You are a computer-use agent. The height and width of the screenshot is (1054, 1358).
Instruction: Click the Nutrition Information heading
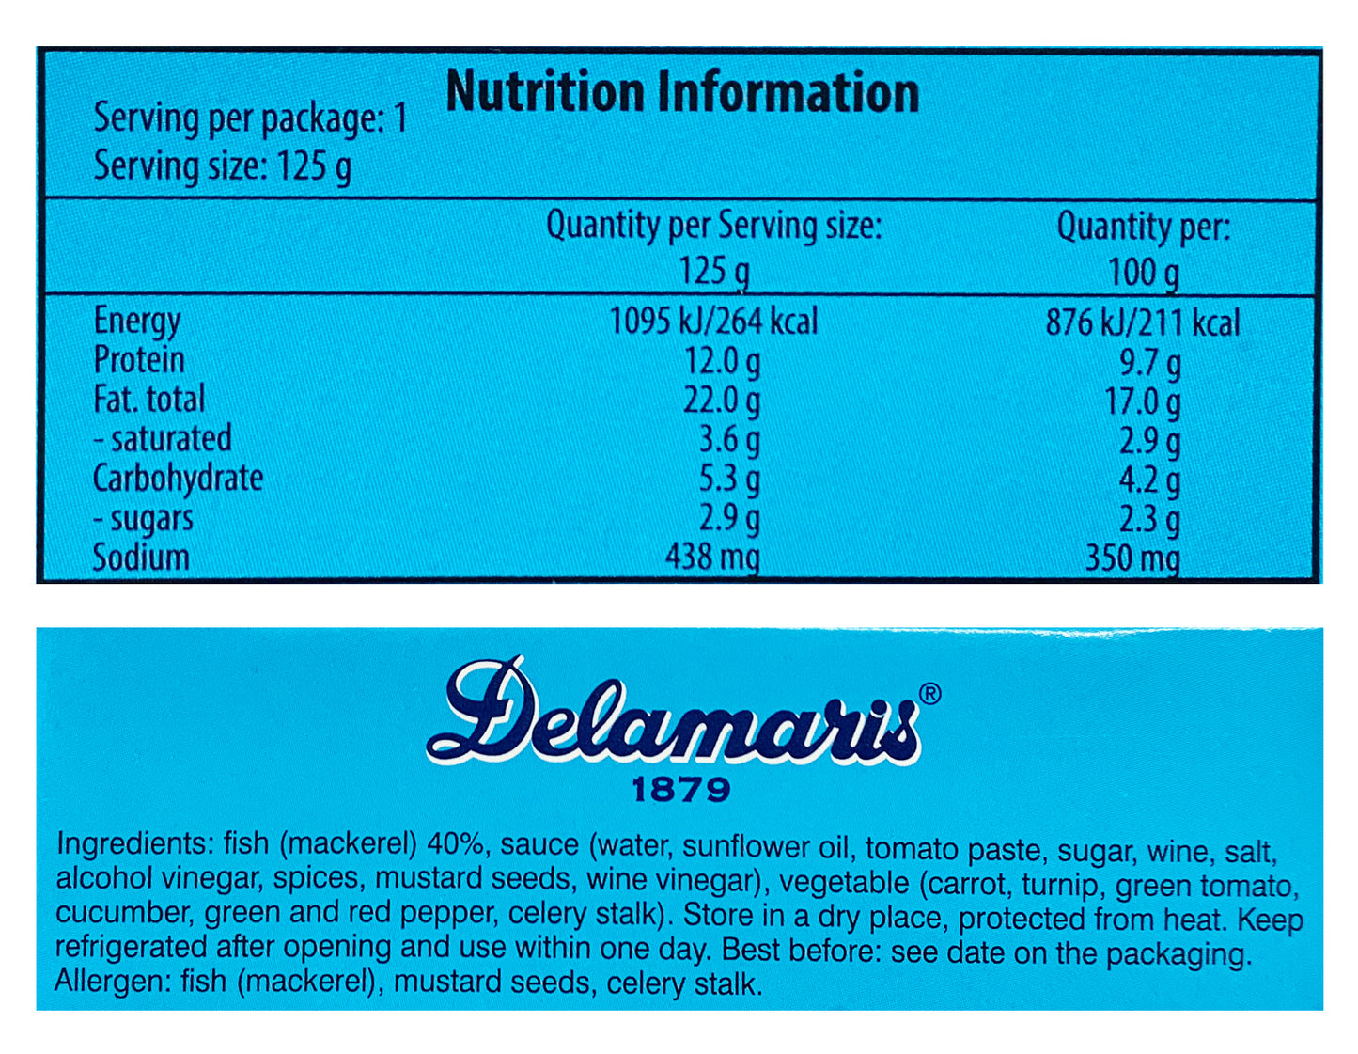(682, 92)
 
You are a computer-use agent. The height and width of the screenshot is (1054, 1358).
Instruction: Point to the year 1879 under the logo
(680, 790)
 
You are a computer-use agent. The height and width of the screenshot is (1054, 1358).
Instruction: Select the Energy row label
(137, 322)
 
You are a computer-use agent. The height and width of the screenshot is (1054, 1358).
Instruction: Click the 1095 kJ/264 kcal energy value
(713, 322)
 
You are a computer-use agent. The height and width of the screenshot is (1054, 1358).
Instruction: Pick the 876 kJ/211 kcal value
(1143, 323)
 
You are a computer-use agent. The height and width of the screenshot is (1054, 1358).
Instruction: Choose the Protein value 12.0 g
(721, 361)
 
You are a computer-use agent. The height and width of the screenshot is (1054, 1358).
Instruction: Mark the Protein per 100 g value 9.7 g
(1149, 363)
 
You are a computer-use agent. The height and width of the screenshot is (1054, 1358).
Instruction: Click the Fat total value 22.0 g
(721, 401)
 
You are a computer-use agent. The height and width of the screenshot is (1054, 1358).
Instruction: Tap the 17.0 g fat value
(1143, 402)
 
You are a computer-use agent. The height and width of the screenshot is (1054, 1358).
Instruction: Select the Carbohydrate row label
(178, 479)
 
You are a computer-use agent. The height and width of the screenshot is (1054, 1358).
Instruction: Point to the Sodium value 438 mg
(712, 558)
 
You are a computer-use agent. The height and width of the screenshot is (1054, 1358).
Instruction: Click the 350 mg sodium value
(1132, 558)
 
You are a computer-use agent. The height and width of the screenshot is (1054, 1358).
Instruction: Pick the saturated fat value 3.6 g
(728, 440)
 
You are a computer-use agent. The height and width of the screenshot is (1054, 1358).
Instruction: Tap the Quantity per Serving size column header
(714, 227)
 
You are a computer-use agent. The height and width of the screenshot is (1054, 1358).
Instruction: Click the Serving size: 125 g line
(223, 167)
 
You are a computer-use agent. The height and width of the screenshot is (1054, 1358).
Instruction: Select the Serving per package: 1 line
(250, 119)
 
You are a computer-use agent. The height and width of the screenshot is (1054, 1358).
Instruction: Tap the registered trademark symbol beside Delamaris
(929, 694)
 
